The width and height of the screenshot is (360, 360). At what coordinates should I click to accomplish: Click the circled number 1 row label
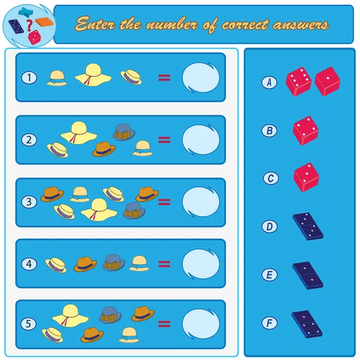pos(29,77)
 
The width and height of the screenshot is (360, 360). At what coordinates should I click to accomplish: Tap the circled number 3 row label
pos(29,202)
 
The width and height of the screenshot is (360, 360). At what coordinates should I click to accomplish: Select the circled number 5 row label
pos(28,324)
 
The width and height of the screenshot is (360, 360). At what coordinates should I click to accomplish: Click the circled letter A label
pos(269,82)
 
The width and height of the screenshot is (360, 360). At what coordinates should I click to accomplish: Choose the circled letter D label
pos(269,227)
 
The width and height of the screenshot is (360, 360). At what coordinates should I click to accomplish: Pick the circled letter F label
pos(269,323)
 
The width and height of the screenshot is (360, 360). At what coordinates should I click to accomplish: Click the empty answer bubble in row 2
pos(200,140)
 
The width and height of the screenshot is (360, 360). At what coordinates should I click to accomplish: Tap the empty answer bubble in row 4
pos(200,264)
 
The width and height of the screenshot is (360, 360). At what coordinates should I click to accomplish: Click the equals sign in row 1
pos(164,78)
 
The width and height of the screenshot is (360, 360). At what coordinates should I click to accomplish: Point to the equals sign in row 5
pos(164,324)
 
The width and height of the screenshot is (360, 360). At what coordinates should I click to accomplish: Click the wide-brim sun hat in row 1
pos(93,75)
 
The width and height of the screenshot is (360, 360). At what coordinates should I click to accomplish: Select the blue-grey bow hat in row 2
pos(124,132)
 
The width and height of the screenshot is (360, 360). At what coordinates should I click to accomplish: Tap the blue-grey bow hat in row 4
pos(113,262)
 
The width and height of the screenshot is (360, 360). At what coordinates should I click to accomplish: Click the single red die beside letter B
pos(305,130)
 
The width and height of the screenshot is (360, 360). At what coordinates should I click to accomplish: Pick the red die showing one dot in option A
pos(328,81)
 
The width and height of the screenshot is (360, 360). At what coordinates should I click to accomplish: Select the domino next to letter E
pos(308,275)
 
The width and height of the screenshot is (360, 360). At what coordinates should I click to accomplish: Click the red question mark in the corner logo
pos(29,25)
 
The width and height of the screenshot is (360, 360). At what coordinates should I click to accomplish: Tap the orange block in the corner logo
pos(44,22)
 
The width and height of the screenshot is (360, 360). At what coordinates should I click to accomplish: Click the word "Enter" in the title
pos(95,23)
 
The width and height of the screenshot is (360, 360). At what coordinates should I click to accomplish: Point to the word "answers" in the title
pos(301,25)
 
